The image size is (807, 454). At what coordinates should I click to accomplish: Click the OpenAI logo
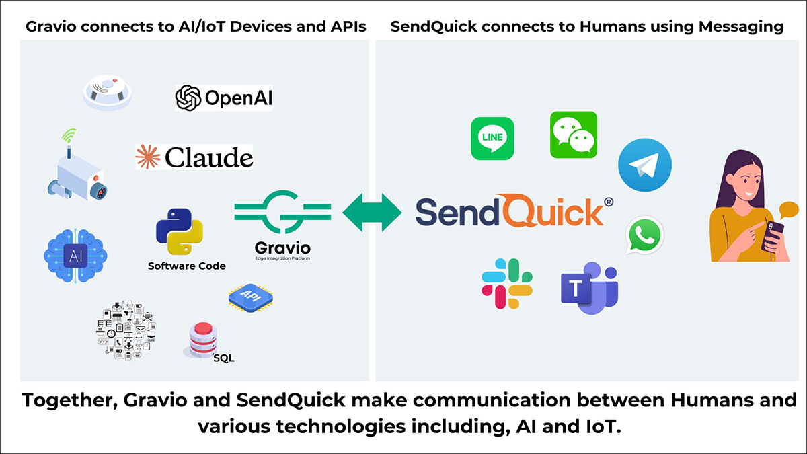click(223, 98)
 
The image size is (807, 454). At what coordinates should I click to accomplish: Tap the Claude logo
click(194, 157)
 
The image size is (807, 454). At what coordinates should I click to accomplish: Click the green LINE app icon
click(492, 139)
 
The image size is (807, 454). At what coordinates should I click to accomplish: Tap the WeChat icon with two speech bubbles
click(574, 135)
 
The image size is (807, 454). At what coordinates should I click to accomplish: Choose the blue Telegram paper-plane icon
click(645, 165)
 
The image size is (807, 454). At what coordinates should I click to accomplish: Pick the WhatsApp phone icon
click(645, 235)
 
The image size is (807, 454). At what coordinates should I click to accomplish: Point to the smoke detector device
click(108, 93)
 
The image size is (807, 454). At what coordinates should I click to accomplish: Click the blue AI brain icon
click(73, 254)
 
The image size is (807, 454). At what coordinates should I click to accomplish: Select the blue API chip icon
click(251, 298)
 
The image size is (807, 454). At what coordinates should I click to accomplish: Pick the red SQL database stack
click(203, 340)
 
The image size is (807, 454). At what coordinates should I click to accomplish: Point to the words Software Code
click(187, 266)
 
